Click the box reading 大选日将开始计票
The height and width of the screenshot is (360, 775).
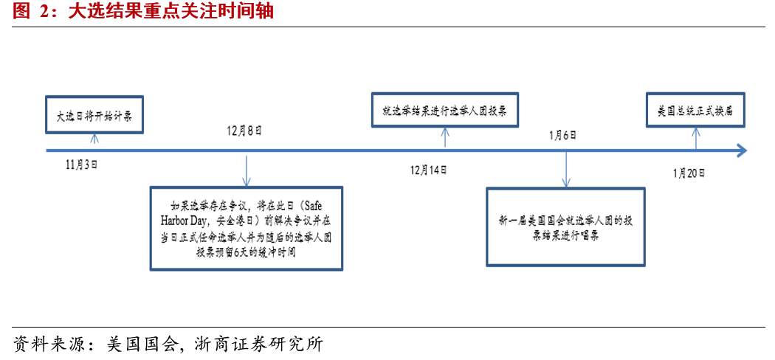tap(94, 115)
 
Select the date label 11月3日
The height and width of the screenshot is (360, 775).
tap(81, 165)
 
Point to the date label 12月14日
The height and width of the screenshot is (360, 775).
tap(429, 170)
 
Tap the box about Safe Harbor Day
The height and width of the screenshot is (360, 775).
tap(246, 228)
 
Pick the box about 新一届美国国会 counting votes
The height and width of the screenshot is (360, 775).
tap(565, 227)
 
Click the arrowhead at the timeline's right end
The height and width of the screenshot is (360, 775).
tap(740, 150)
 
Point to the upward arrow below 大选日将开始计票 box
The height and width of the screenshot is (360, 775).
tap(94, 140)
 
